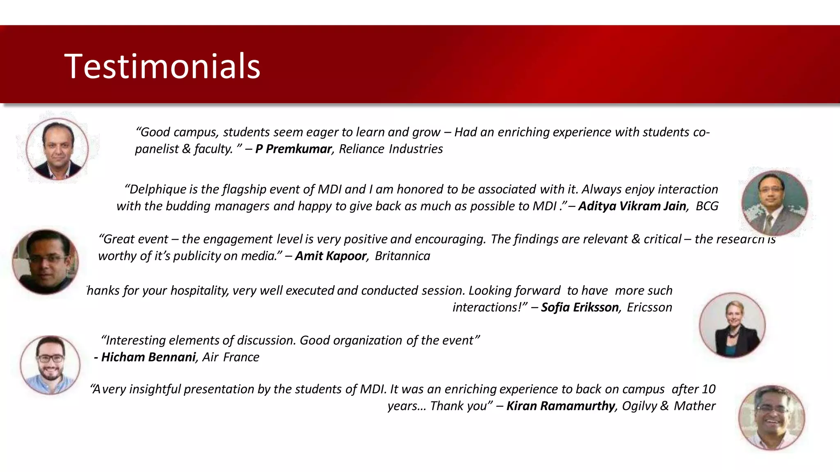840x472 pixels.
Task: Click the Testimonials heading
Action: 162,66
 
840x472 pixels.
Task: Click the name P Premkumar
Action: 293,149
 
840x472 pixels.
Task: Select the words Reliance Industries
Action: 390,149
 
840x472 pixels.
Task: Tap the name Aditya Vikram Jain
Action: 632,206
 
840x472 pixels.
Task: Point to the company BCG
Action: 707,206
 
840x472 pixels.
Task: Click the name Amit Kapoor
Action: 331,256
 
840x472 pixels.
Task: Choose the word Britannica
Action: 402,256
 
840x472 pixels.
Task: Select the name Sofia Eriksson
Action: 580,307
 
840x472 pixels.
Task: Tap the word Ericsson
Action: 649,307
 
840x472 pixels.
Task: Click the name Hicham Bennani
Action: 148,357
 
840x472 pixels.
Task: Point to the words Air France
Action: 231,357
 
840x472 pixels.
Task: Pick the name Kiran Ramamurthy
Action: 561,406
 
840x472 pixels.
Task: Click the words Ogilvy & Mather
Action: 669,406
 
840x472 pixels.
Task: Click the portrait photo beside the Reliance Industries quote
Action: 57,149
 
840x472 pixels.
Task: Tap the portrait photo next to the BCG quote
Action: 774,203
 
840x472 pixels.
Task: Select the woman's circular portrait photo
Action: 732,325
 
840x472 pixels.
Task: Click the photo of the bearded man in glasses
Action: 50,365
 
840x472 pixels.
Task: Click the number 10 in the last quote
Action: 709,389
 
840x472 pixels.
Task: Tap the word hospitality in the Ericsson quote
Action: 199,290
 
